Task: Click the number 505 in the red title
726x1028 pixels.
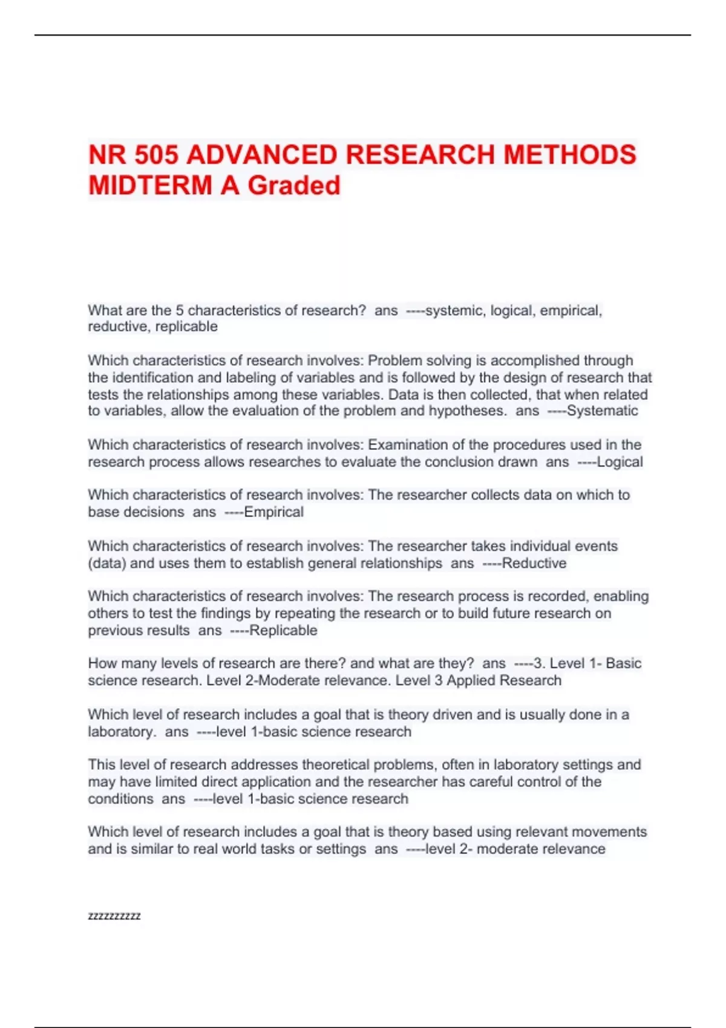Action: [x=156, y=155]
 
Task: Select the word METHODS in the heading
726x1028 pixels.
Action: [x=569, y=155]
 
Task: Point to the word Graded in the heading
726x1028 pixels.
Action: [x=294, y=186]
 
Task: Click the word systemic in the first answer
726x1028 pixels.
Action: [x=454, y=311]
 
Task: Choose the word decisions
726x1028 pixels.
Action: [x=154, y=512]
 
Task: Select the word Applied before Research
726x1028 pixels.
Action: [x=469, y=680]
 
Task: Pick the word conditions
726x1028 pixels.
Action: [x=120, y=799]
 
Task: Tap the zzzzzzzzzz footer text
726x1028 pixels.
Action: [x=114, y=916]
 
